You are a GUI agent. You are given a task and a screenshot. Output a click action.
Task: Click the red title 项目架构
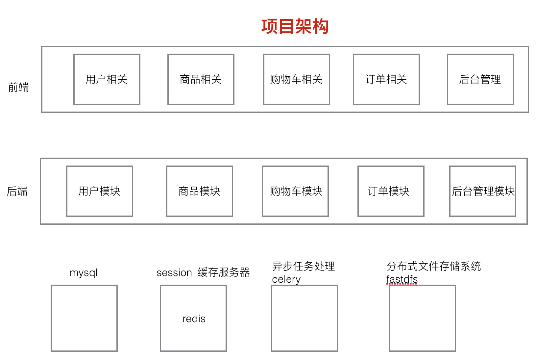pyautogui.click(x=295, y=26)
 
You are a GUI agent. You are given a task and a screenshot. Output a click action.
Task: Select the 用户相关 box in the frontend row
pyautogui.click(x=107, y=79)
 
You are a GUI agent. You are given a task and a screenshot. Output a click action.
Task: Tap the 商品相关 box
pyautogui.click(x=201, y=79)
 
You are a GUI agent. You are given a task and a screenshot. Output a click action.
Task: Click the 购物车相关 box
pyautogui.click(x=297, y=79)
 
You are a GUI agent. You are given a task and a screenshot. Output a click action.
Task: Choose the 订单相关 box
pyautogui.click(x=386, y=79)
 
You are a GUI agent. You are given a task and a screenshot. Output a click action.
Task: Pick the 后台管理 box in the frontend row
pyautogui.click(x=480, y=79)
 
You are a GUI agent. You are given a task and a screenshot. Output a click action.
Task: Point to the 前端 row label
pyautogui.click(x=18, y=87)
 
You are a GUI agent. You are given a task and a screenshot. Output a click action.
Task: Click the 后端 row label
pyautogui.click(x=17, y=191)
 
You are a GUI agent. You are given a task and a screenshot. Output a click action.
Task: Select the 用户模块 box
pyautogui.click(x=100, y=191)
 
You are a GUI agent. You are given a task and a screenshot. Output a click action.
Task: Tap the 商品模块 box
pyautogui.click(x=200, y=191)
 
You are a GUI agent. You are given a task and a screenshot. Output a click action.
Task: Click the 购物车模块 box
pyautogui.click(x=295, y=191)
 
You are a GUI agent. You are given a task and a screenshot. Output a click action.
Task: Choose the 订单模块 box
pyautogui.click(x=391, y=191)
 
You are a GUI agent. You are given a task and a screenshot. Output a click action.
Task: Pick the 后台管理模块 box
pyautogui.click(x=483, y=191)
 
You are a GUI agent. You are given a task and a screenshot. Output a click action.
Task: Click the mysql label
pyautogui.click(x=84, y=273)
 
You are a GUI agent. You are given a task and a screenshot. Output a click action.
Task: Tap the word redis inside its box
pyautogui.click(x=194, y=319)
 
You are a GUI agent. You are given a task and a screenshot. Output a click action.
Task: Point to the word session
pyautogui.click(x=174, y=273)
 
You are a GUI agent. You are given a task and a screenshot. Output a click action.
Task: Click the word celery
pyautogui.click(x=286, y=279)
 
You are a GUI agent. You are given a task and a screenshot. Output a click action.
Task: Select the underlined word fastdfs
pyautogui.click(x=402, y=279)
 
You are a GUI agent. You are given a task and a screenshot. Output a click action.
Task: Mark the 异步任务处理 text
pyautogui.click(x=304, y=266)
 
